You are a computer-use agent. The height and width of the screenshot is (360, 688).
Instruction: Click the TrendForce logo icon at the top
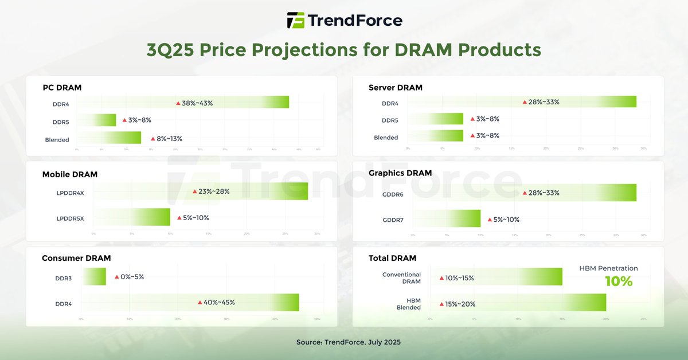coord(296,20)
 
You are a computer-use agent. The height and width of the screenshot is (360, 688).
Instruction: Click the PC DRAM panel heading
coord(62,88)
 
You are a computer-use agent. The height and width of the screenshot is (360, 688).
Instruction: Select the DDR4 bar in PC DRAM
coord(183,102)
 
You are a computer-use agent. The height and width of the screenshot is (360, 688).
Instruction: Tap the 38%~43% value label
coord(197,103)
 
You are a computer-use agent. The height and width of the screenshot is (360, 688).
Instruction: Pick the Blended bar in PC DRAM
coord(109,138)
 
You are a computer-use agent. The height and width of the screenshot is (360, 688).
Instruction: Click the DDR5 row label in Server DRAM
coord(390,120)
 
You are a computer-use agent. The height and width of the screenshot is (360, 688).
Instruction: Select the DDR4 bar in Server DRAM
coord(522,101)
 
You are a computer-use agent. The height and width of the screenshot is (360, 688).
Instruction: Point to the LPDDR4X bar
coord(201,191)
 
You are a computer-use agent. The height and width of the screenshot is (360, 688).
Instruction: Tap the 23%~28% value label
coord(214,191)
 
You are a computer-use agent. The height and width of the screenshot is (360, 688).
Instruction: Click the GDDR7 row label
coord(394,220)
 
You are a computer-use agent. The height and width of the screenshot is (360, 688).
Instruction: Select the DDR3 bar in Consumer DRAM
coord(94,276)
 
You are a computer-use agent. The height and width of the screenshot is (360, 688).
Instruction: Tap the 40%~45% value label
coord(219,302)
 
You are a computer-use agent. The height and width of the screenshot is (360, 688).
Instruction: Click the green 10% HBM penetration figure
coord(619,281)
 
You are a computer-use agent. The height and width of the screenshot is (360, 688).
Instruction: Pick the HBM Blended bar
coord(518,303)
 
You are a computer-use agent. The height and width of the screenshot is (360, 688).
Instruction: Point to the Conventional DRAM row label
coord(401,278)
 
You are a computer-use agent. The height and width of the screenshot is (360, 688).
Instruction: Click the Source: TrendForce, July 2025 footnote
coord(348,342)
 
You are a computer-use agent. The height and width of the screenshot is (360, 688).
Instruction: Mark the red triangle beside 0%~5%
coord(116,277)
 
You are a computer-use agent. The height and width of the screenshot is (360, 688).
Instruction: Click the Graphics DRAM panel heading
coord(400,173)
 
